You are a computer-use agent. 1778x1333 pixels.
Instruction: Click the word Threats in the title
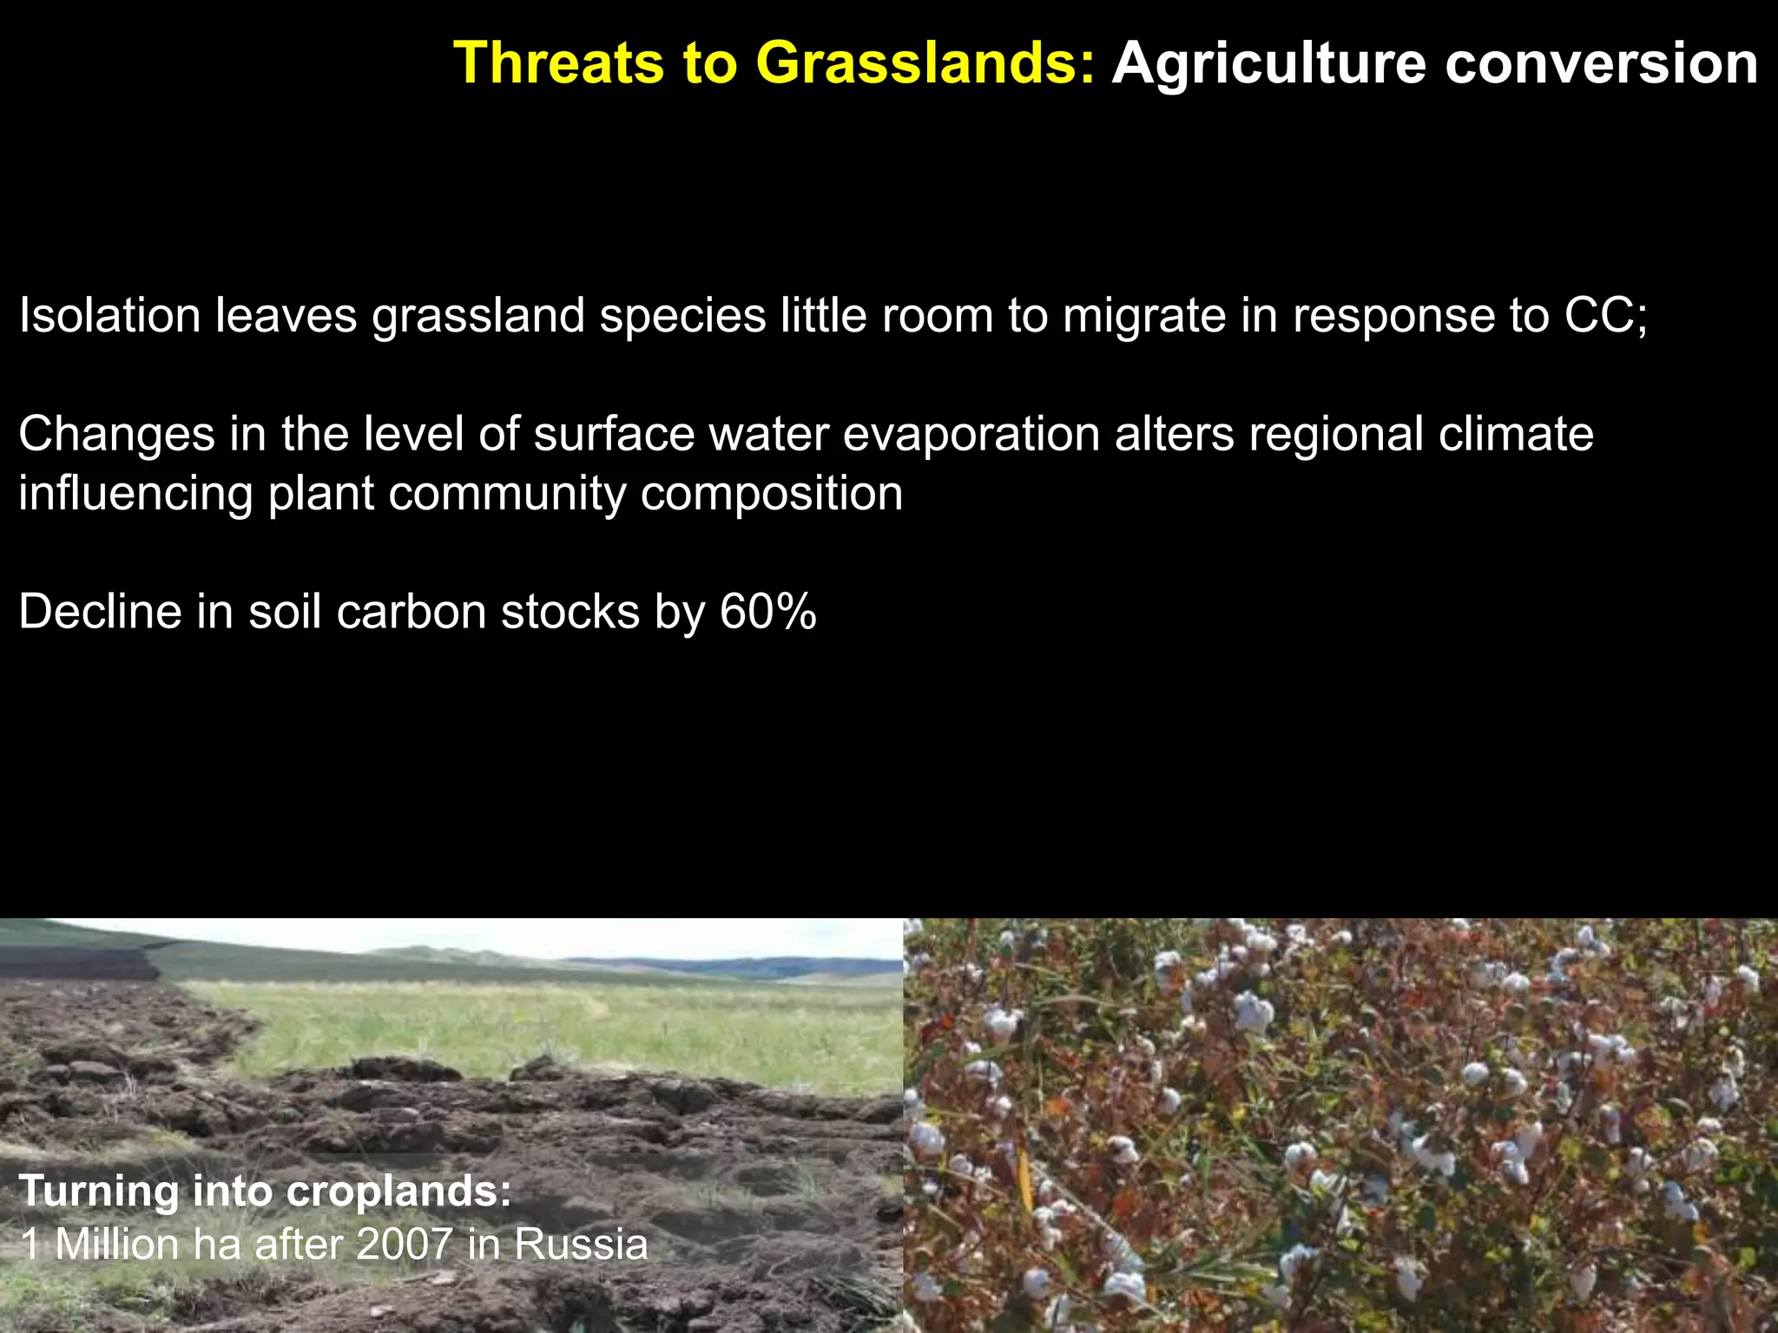pos(560,63)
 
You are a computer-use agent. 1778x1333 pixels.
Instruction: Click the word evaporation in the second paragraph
pos(971,434)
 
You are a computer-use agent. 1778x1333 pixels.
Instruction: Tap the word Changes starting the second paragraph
pos(116,434)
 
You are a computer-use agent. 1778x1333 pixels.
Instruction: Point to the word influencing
pos(135,494)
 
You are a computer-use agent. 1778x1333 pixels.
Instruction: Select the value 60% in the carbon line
pos(767,612)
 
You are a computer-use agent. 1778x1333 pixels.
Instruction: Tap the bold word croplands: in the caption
pos(398,1192)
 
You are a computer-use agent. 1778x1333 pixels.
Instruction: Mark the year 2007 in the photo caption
pos(404,1244)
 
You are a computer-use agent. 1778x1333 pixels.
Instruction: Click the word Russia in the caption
pos(580,1244)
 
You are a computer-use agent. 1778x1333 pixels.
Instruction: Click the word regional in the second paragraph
pos(1336,434)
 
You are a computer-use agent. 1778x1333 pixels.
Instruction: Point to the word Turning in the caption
pos(98,1192)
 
